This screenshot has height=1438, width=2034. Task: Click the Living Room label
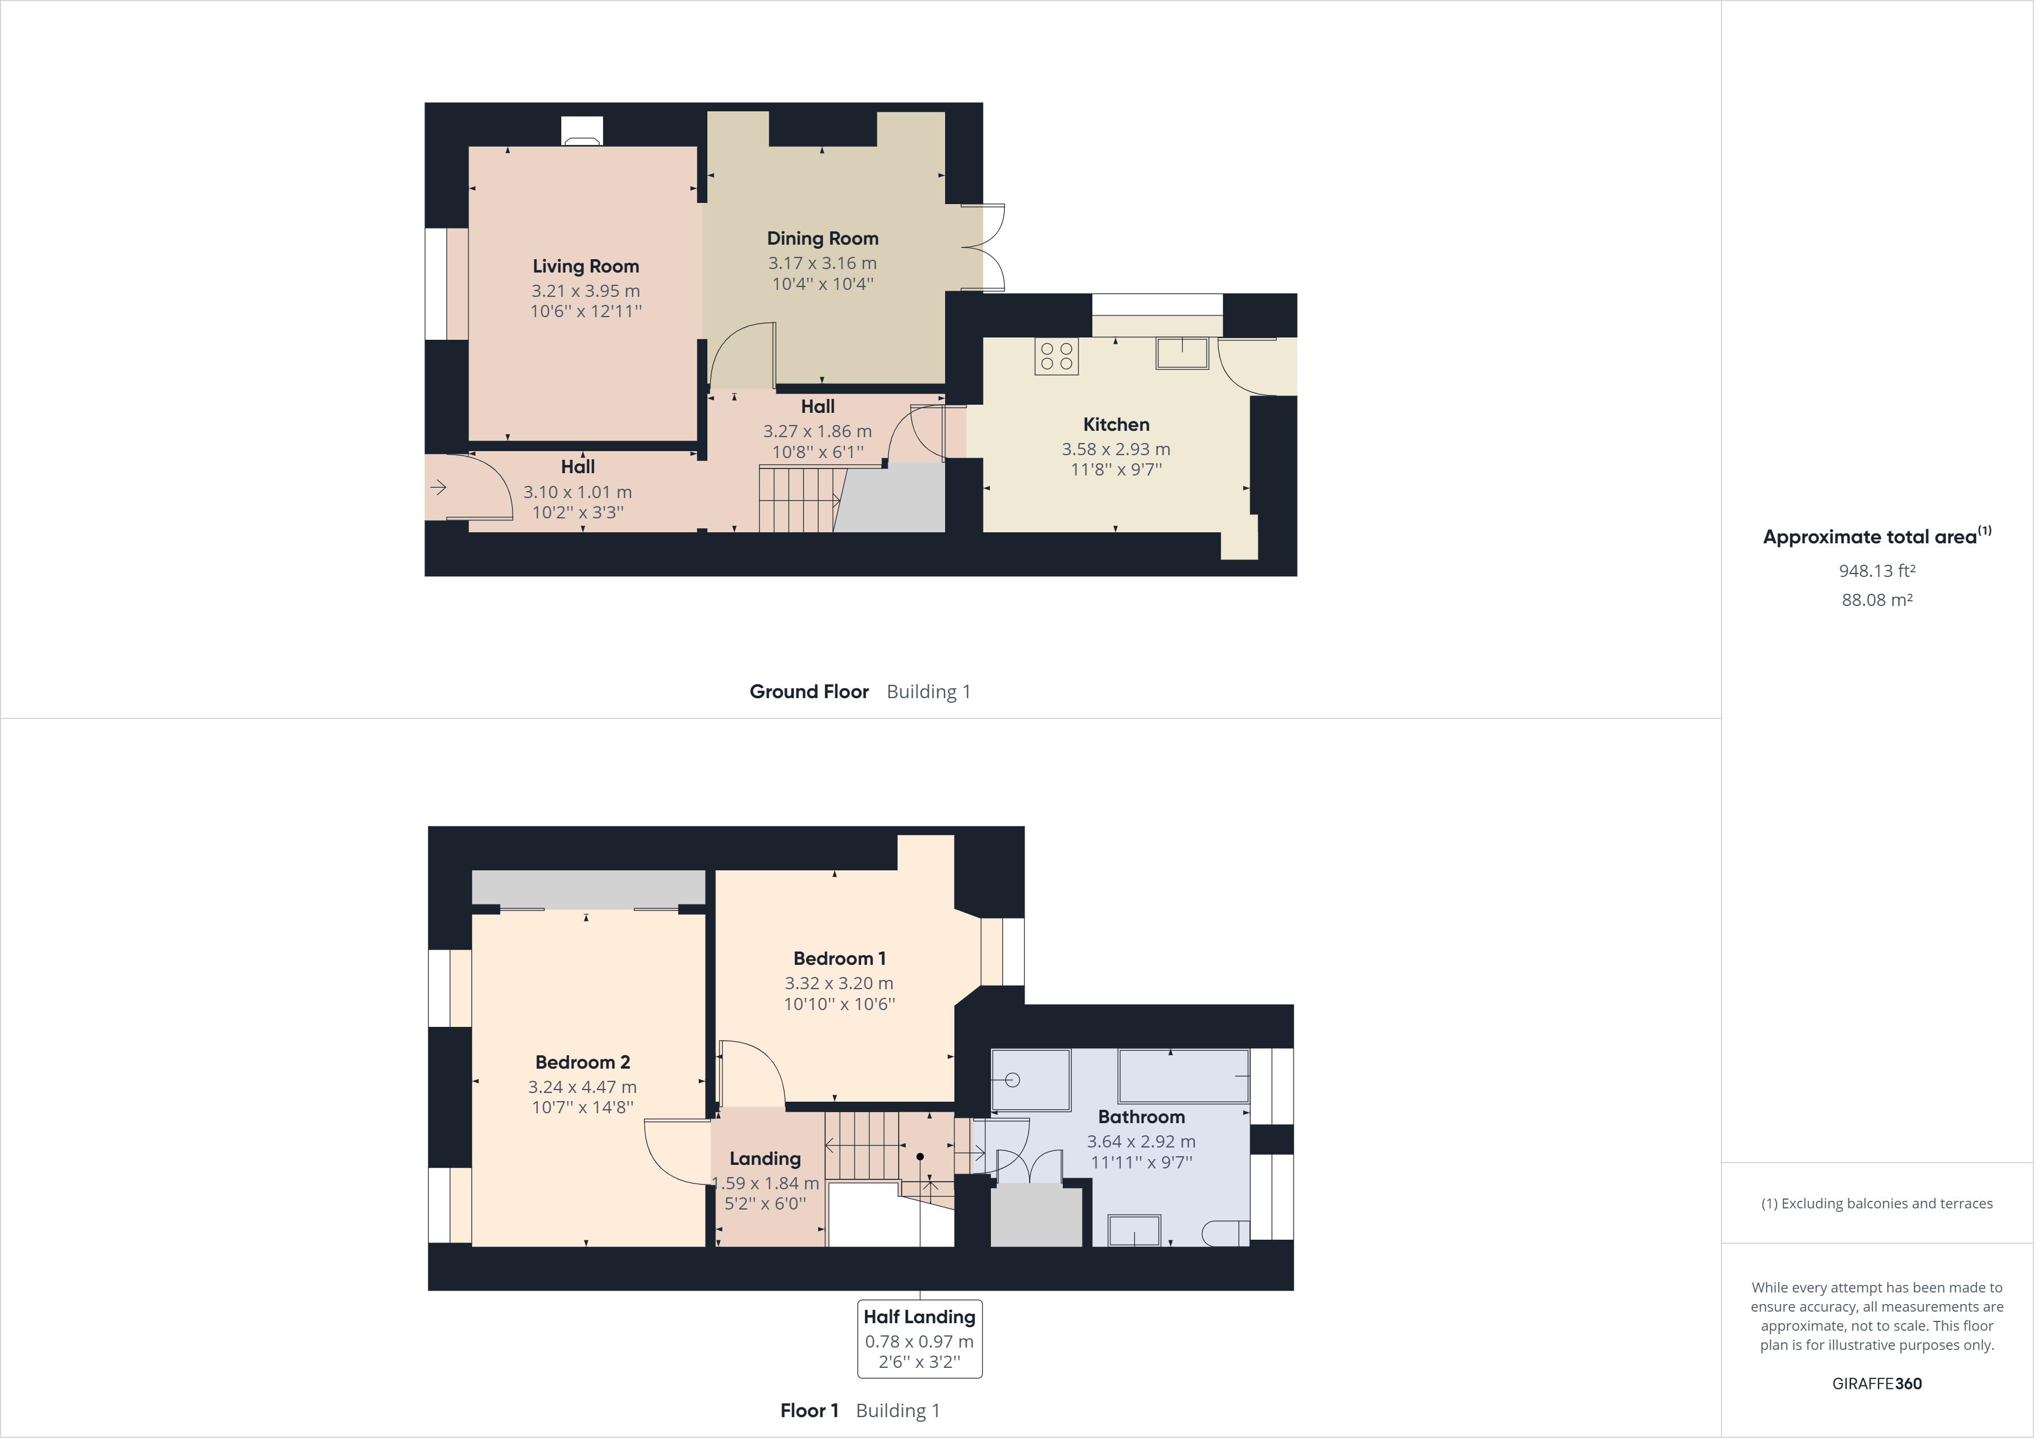tap(586, 266)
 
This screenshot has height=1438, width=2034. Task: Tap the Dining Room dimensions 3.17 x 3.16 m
tap(822, 263)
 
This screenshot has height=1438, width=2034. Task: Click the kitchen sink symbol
tap(1182, 353)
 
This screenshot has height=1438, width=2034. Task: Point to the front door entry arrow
tap(438, 487)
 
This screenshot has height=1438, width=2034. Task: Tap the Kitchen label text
tap(1116, 424)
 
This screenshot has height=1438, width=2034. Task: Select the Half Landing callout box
tap(920, 1339)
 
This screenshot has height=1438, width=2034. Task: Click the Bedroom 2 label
tap(582, 1062)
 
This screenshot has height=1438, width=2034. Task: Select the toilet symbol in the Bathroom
tap(1226, 1232)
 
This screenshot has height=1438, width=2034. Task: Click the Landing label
tap(765, 1158)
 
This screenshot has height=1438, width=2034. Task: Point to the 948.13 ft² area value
tap(1876, 571)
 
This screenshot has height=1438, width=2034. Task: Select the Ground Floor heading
tap(809, 691)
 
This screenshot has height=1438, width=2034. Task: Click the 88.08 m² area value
tap(1876, 600)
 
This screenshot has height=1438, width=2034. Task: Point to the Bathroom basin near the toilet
tap(1134, 1230)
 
